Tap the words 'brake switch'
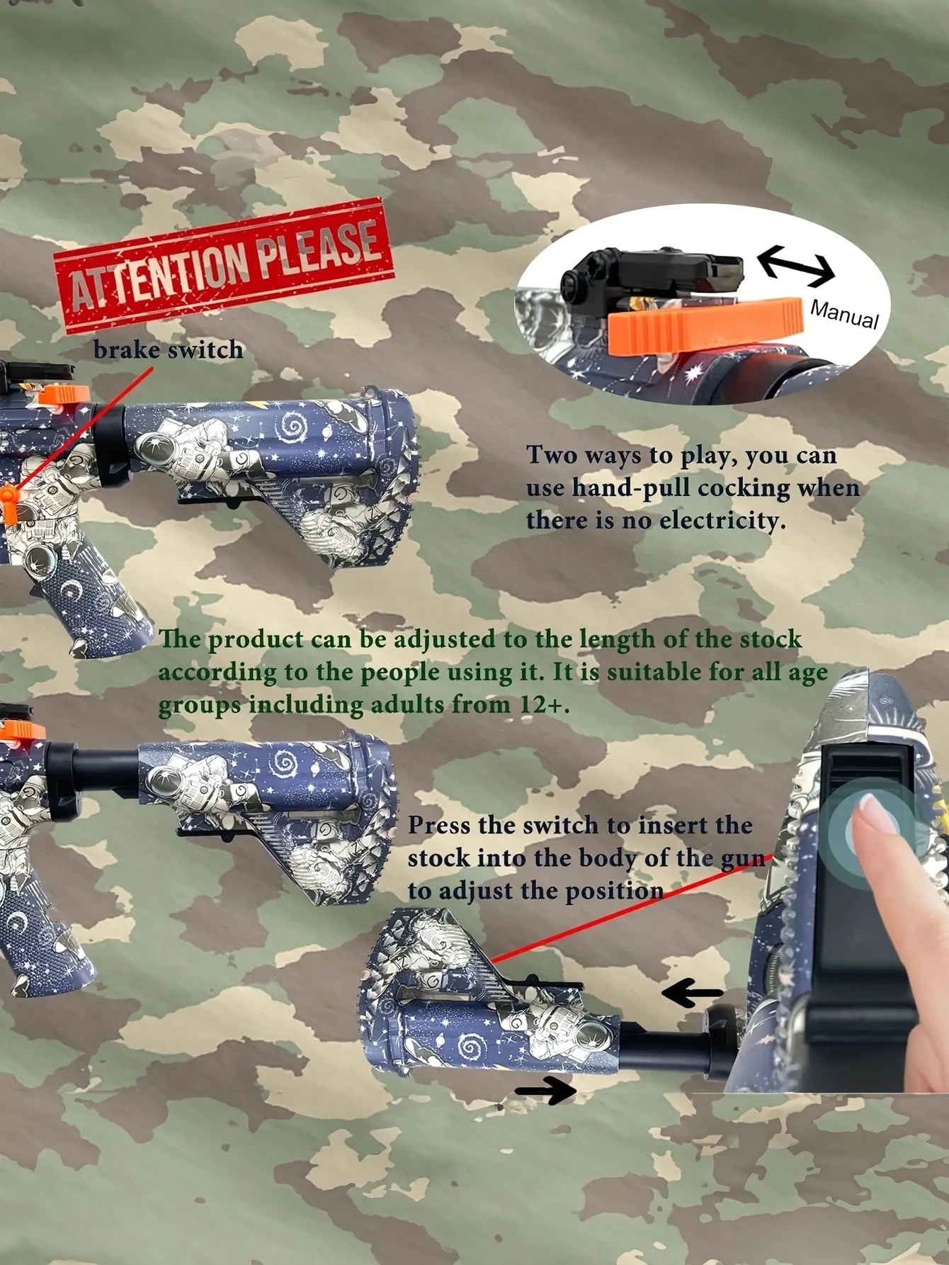click(168, 350)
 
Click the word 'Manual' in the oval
click(844, 314)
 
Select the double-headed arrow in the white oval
click(796, 266)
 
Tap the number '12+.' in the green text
click(545, 705)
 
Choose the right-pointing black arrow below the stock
click(546, 1091)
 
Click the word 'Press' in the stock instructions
click(439, 826)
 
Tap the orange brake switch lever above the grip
click(9, 505)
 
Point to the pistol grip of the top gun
click(106, 595)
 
